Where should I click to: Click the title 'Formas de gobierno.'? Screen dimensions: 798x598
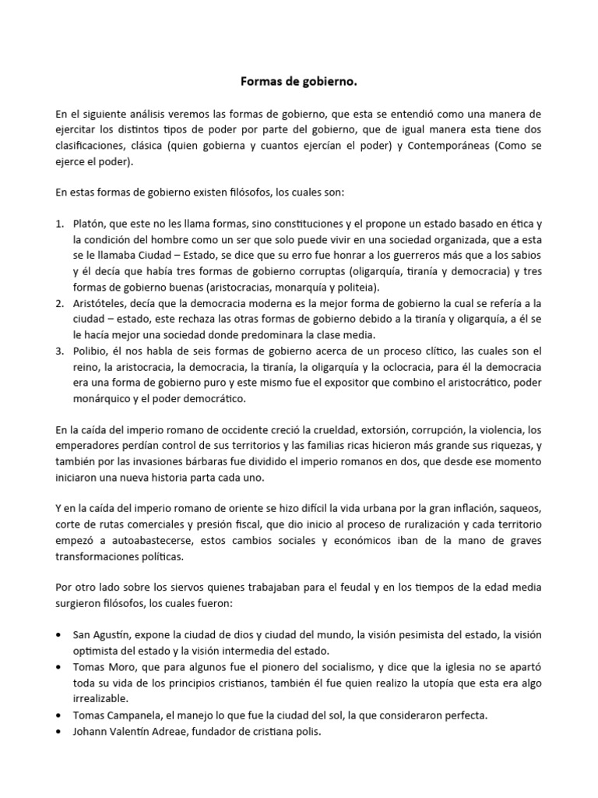coord(298,81)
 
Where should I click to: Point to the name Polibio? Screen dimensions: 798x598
coord(90,351)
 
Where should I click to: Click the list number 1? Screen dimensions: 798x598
coord(59,224)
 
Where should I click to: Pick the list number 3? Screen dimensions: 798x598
coord(59,351)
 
